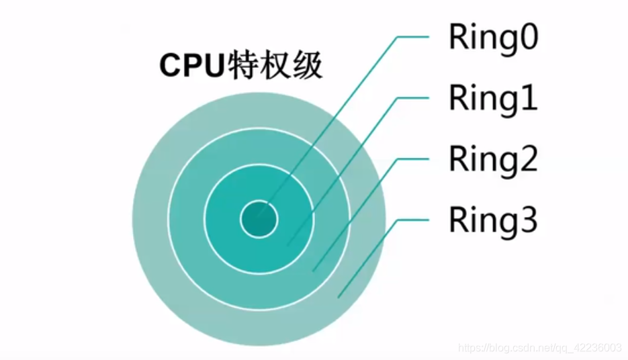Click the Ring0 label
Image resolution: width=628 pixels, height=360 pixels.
[x=493, y=38]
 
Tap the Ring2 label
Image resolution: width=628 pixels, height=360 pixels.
[x=493, y=159]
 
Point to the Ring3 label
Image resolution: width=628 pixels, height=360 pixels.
[x=493, y=219]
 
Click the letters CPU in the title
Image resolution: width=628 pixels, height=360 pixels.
[x=191, y=68]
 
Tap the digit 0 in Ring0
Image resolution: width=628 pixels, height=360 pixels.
[x=527, y=39]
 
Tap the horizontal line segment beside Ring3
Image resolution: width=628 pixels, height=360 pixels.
[x=412, y=220]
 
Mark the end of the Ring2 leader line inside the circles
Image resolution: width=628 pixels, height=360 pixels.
[x=314, y=270]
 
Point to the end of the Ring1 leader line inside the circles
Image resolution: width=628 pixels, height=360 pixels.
[x=289, y=244]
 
